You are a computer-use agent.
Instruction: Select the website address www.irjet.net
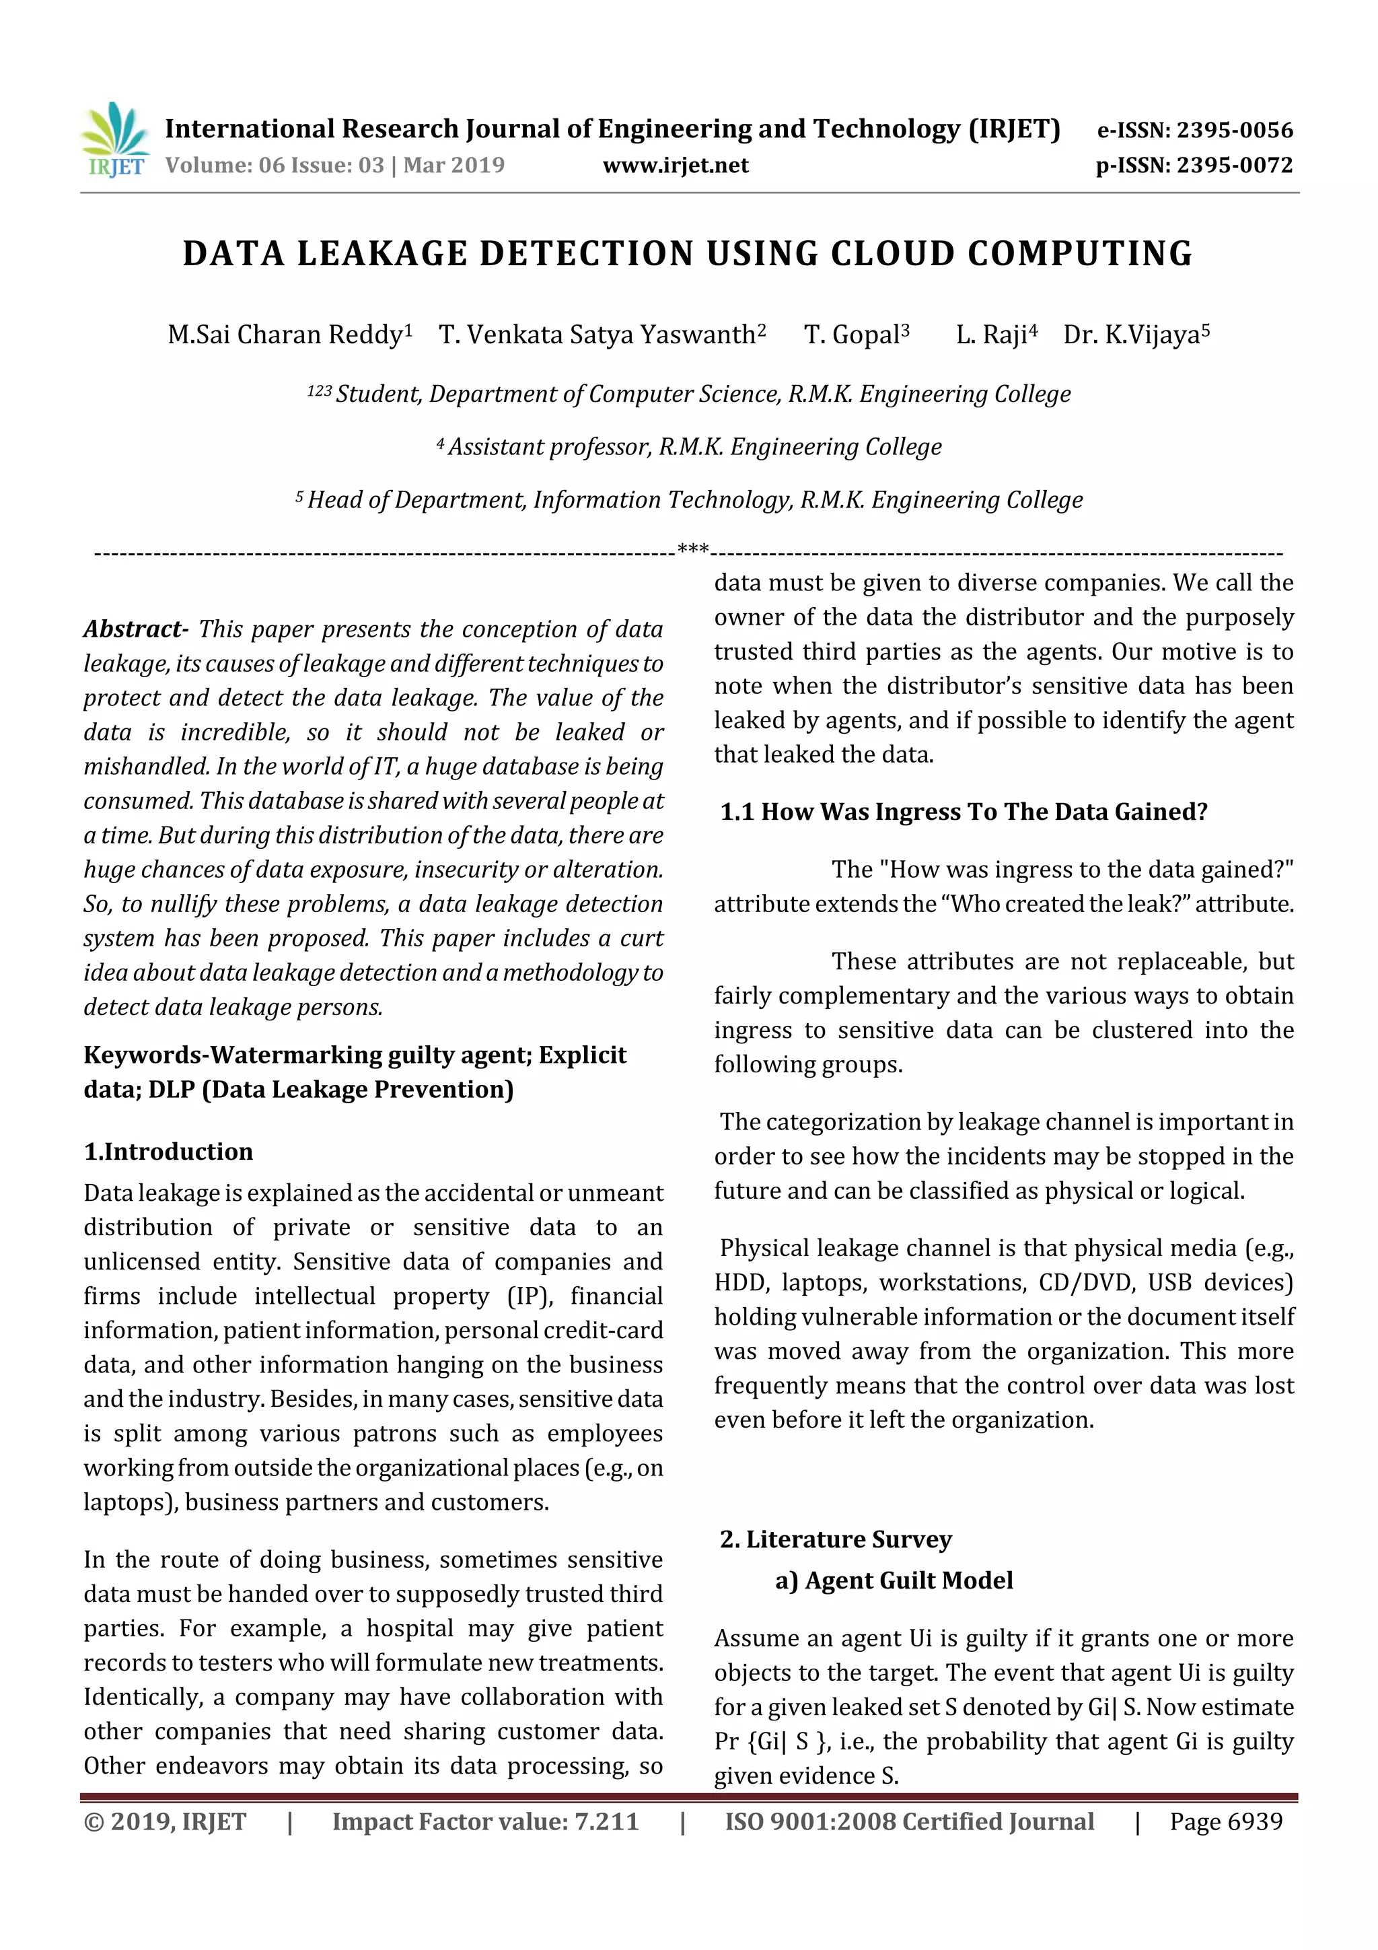tap(675, 166)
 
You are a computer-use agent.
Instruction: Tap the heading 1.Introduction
tap(168, 1152)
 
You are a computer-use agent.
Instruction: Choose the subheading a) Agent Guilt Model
tap(894, 1580)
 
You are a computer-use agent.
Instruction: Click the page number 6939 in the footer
tap(1255, 1821)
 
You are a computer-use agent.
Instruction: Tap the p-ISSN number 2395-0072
tap(1233, 166)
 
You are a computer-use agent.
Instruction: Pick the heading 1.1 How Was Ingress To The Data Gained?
tap(963, 812)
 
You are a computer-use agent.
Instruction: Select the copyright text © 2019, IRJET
tap(165, 1821)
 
